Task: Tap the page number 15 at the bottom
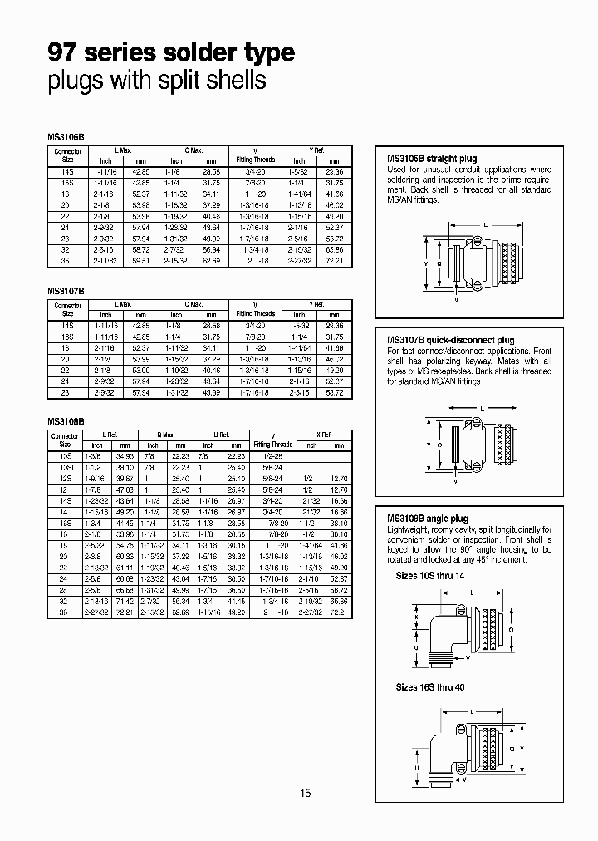[305, 794]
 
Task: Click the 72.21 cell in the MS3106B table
[334, 260]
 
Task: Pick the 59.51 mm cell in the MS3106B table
[140, 260]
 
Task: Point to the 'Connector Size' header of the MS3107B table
[68, 310]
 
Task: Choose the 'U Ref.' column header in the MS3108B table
[219, 435]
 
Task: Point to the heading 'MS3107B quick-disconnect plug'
[451, 340]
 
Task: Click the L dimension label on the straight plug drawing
[485, 225]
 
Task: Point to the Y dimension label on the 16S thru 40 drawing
[535, 748]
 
